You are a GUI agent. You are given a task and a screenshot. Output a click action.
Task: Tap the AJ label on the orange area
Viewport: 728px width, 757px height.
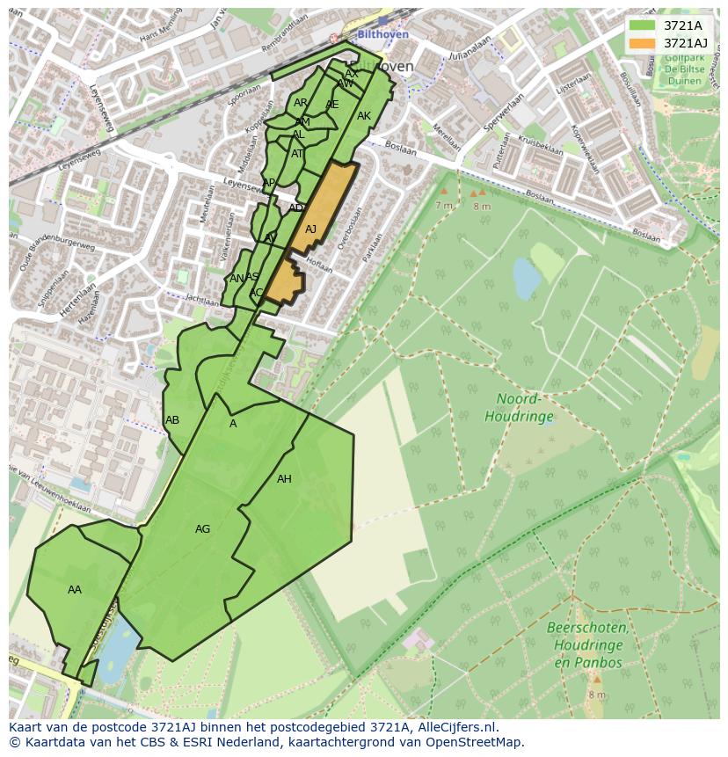[x=310, y=229]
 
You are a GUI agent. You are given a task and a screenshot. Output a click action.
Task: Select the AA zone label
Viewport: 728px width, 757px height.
[x=75, y=590]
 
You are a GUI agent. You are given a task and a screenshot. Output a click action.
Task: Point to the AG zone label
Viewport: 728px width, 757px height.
[x=202, y=529]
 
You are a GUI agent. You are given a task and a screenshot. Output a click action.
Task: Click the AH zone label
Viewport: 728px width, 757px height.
[x=284, y=479]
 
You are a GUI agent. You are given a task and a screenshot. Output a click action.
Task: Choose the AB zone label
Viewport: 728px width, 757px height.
[x=172, y=420]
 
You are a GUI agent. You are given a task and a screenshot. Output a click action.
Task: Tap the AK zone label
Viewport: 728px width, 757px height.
[x=364, y=116]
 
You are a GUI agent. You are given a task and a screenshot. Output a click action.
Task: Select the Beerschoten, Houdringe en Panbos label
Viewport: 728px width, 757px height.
[x=587, y=644]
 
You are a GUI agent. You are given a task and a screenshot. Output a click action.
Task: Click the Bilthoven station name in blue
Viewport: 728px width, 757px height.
[x=383, y=34]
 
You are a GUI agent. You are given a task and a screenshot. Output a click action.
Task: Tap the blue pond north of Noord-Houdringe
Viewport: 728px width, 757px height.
[x=527, y=279]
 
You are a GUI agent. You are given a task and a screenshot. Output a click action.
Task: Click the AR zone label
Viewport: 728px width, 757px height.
[x=301, y=103]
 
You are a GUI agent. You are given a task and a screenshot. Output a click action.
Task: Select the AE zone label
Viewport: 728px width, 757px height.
[x=331, y=105]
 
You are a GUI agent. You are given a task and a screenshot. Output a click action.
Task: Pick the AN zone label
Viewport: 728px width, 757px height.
[x=236, y=279]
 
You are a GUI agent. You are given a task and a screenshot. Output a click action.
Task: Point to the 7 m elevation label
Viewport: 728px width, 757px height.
[x=443, y=205]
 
